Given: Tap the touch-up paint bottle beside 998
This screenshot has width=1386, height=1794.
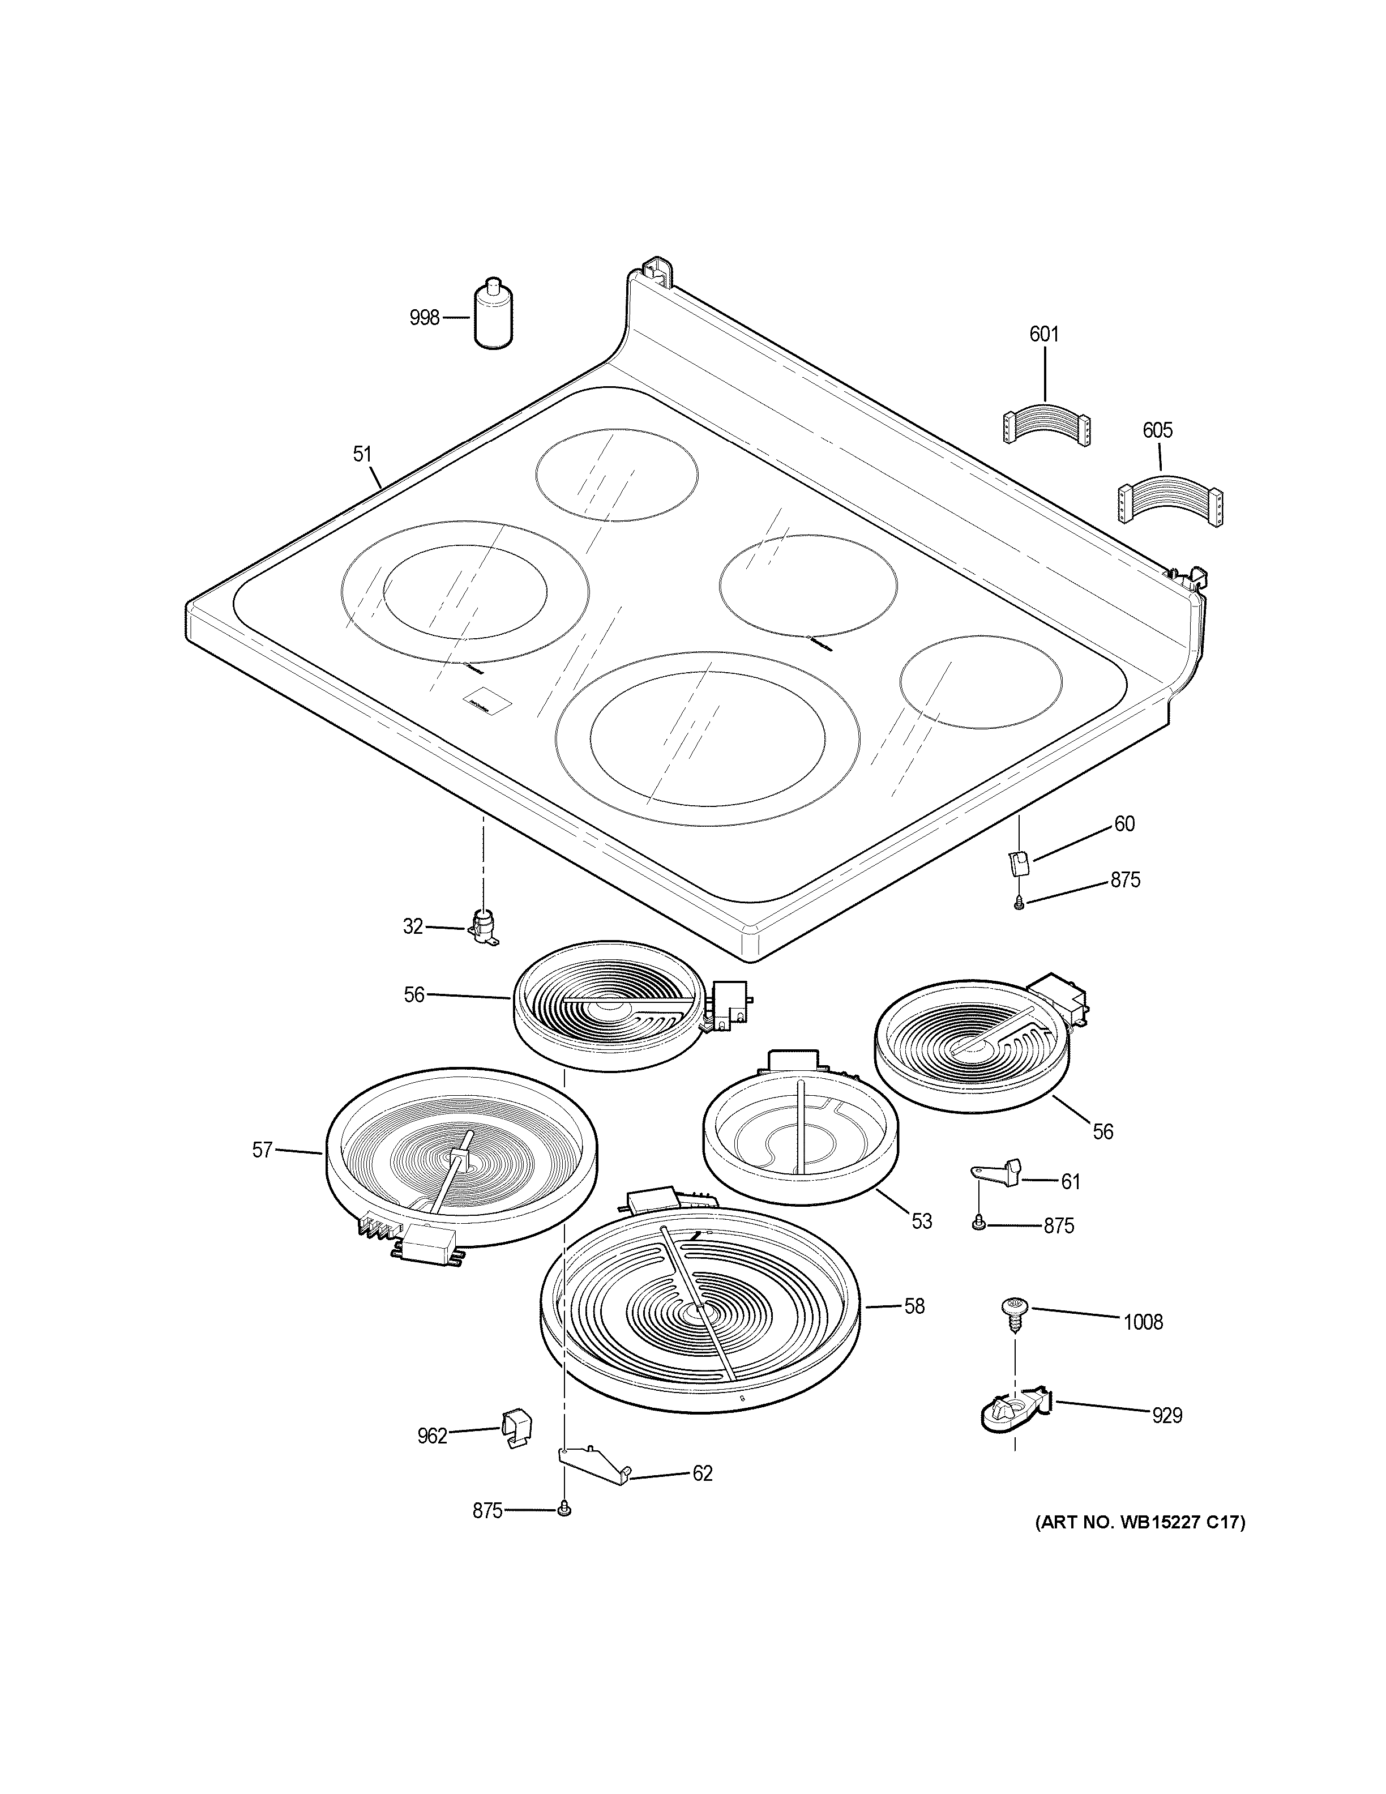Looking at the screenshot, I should tap(493, 315).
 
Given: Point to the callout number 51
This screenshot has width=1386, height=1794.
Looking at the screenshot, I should tap(362, 454).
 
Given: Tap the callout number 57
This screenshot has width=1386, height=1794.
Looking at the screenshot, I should tap(262, 1150).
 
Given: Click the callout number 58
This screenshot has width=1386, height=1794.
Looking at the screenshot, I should tap(914, 1305).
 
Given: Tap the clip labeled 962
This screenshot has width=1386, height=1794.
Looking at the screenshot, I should tap(515, 1428).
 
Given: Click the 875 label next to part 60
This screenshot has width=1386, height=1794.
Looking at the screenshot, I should tap(1125, 881).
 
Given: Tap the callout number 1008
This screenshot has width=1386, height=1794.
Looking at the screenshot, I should tap(1143, 1322).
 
